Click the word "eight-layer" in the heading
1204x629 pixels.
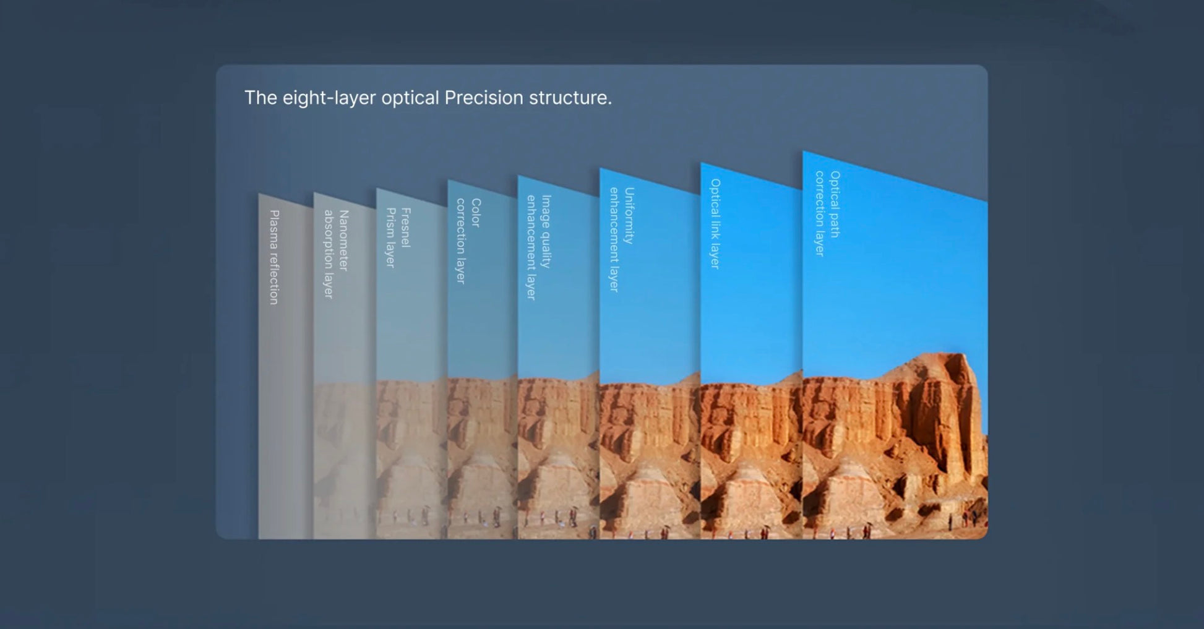329,98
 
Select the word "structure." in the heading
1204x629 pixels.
570,98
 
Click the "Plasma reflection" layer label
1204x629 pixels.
274,257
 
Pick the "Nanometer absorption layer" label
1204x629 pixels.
336,254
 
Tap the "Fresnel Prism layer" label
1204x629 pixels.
397,237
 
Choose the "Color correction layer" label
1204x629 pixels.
468,241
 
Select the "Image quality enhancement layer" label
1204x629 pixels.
538,247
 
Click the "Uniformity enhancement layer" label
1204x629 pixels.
621,239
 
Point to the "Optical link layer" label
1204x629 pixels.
715,224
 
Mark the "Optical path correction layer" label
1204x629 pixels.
827,213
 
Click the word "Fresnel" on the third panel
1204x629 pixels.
405,228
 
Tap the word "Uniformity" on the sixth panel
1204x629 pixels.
629,216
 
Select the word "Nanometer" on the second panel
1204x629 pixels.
344,241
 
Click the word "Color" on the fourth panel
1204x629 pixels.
476,213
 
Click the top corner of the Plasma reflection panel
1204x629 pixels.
259,194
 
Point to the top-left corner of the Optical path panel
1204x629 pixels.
803,151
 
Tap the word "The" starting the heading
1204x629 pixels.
260,98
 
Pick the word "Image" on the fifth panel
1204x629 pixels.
546,210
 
